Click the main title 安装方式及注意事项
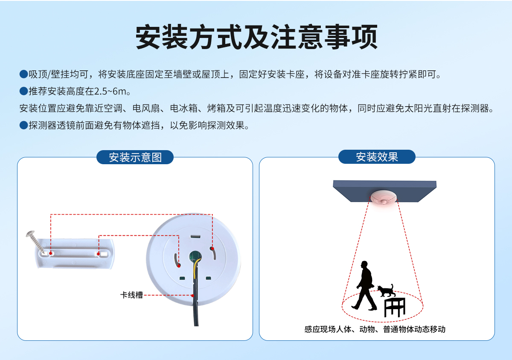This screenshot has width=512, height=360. click(x=256, y=38)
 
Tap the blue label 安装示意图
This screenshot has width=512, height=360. click(x=135, y=157)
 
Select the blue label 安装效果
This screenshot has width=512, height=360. click(x=377, y=157)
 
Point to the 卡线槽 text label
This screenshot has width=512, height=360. click(x=131, y=295)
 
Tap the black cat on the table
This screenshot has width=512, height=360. click(x=387, y=291)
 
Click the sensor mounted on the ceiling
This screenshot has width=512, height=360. click(x=384, y=198)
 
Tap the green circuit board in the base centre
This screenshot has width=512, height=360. click(x=195, y=256)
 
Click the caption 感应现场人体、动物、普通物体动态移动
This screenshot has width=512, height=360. click(x=375, y=329)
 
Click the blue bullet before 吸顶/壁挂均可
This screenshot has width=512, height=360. click(x=23, y=75)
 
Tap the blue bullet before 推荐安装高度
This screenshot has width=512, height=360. click(x=23, y=92)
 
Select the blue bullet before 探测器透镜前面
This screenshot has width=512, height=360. click(x=23, y=126)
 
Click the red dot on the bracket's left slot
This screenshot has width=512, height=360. click(x=51, y=253)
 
